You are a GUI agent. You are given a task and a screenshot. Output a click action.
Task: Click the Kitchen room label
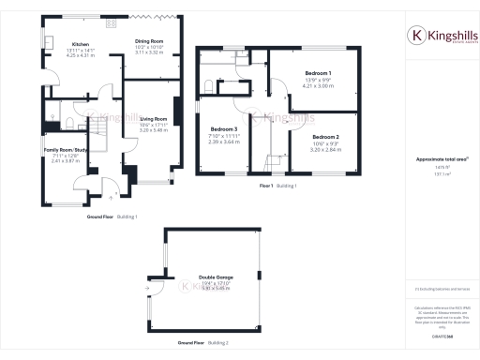coord(80,44)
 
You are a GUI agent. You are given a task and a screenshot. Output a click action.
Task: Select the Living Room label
coord(153,119)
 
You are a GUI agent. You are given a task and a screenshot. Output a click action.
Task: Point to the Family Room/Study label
coord(67,150)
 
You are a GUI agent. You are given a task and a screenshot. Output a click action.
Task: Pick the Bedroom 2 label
coord(325,137)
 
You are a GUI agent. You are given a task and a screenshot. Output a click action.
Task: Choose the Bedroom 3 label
coord(223,128)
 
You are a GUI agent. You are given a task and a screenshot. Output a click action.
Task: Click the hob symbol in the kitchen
coord(110,22)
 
